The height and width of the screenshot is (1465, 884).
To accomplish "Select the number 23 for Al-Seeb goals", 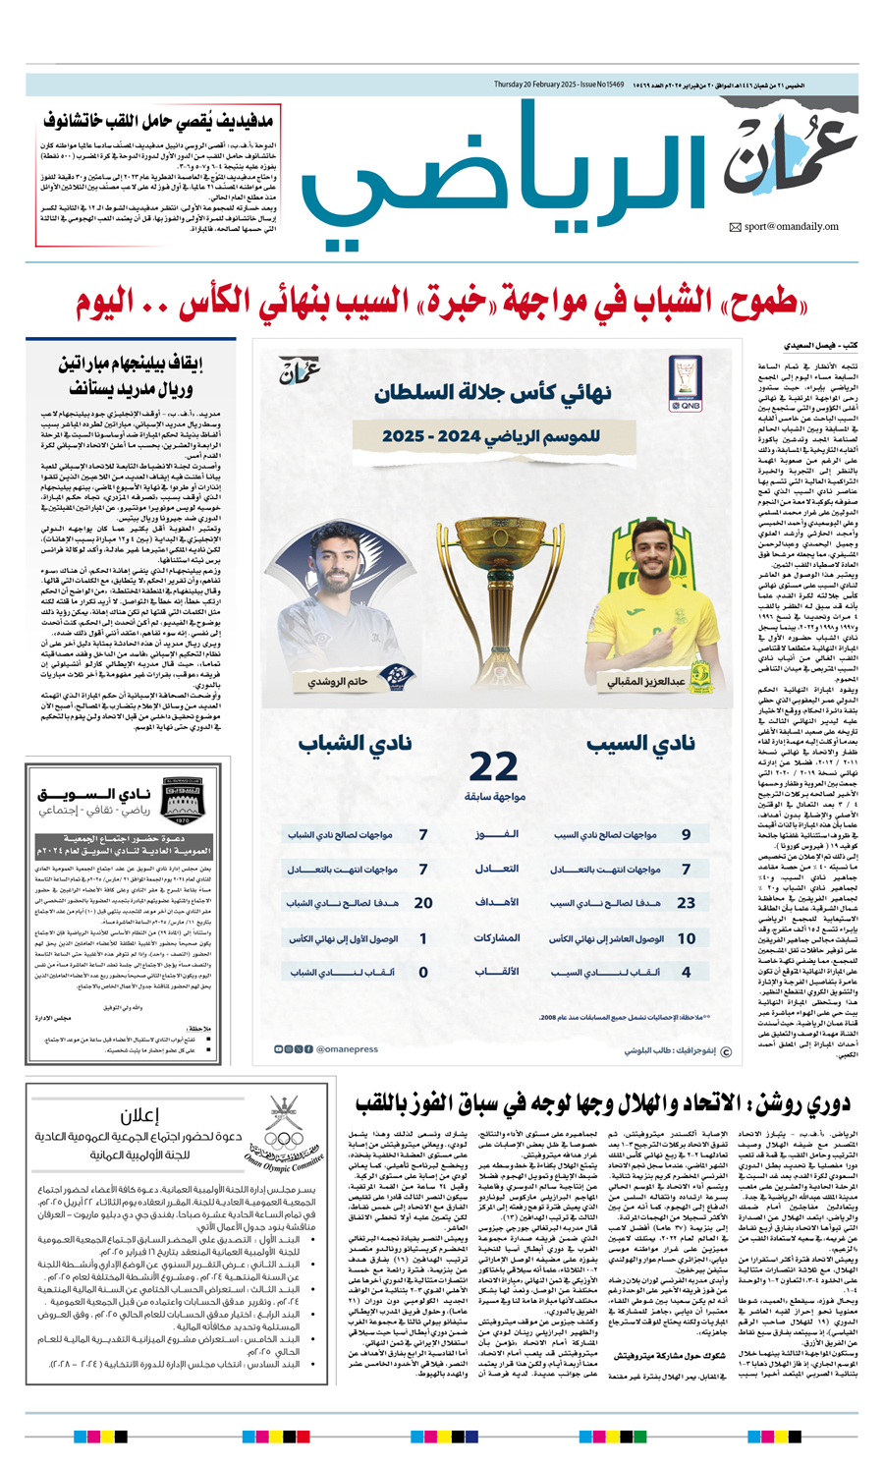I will [686, 902].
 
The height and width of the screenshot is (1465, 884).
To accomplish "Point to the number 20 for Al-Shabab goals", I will [423, 902].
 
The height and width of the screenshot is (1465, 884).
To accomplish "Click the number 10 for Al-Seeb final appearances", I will [687, 938].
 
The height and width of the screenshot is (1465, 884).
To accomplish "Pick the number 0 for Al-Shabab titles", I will [423, 972].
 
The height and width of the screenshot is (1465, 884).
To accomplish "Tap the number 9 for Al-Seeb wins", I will [687, 834].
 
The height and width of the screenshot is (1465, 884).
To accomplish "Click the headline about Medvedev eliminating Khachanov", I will [157, 123].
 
